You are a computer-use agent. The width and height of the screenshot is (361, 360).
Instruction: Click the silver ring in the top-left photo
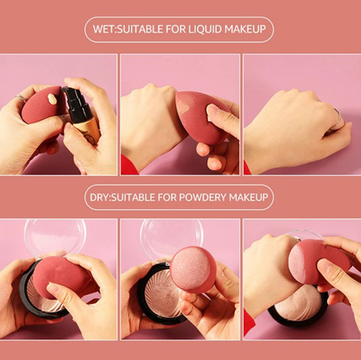point(21,98)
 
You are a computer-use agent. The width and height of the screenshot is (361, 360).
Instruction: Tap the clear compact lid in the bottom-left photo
point(55,238)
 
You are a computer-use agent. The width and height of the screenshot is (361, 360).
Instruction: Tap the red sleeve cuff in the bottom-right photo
point(249,323)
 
